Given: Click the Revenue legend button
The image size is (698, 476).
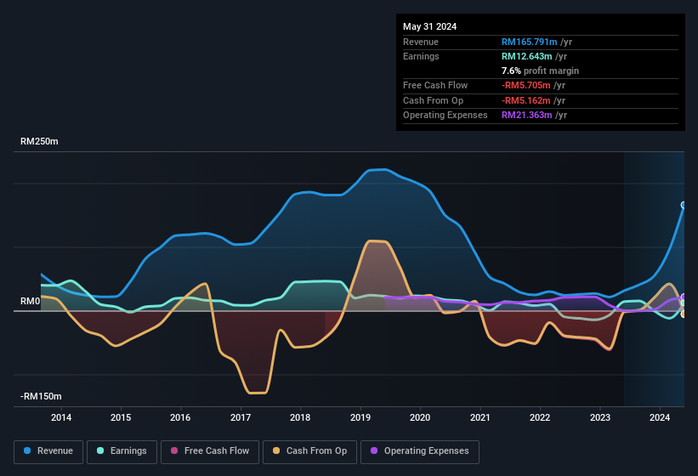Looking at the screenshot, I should tap(48, 451).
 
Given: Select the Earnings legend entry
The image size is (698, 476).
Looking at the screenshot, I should tap(122, 451).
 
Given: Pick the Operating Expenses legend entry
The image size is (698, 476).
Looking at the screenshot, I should tap(420, 451).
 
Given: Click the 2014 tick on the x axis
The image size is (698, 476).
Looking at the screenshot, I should tap(61, 417).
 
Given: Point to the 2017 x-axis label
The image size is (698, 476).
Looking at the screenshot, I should tap(241, 417).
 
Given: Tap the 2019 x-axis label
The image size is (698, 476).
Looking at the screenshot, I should tap(360, 417).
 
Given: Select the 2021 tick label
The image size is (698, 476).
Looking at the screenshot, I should tap(480, 417).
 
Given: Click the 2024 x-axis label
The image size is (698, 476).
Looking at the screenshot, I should tap(660, 417).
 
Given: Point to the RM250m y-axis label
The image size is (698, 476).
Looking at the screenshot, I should tap(39, 142).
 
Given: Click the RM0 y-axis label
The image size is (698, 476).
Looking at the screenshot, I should tap(31, 302).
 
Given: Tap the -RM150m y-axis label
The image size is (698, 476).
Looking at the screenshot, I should tap(42, 397).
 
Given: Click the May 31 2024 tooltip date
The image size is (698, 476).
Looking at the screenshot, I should tap(429, 26).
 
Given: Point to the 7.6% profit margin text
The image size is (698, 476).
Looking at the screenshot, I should tap(540, 71).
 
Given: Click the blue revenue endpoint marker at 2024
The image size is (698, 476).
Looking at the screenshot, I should tap(684, 205).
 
